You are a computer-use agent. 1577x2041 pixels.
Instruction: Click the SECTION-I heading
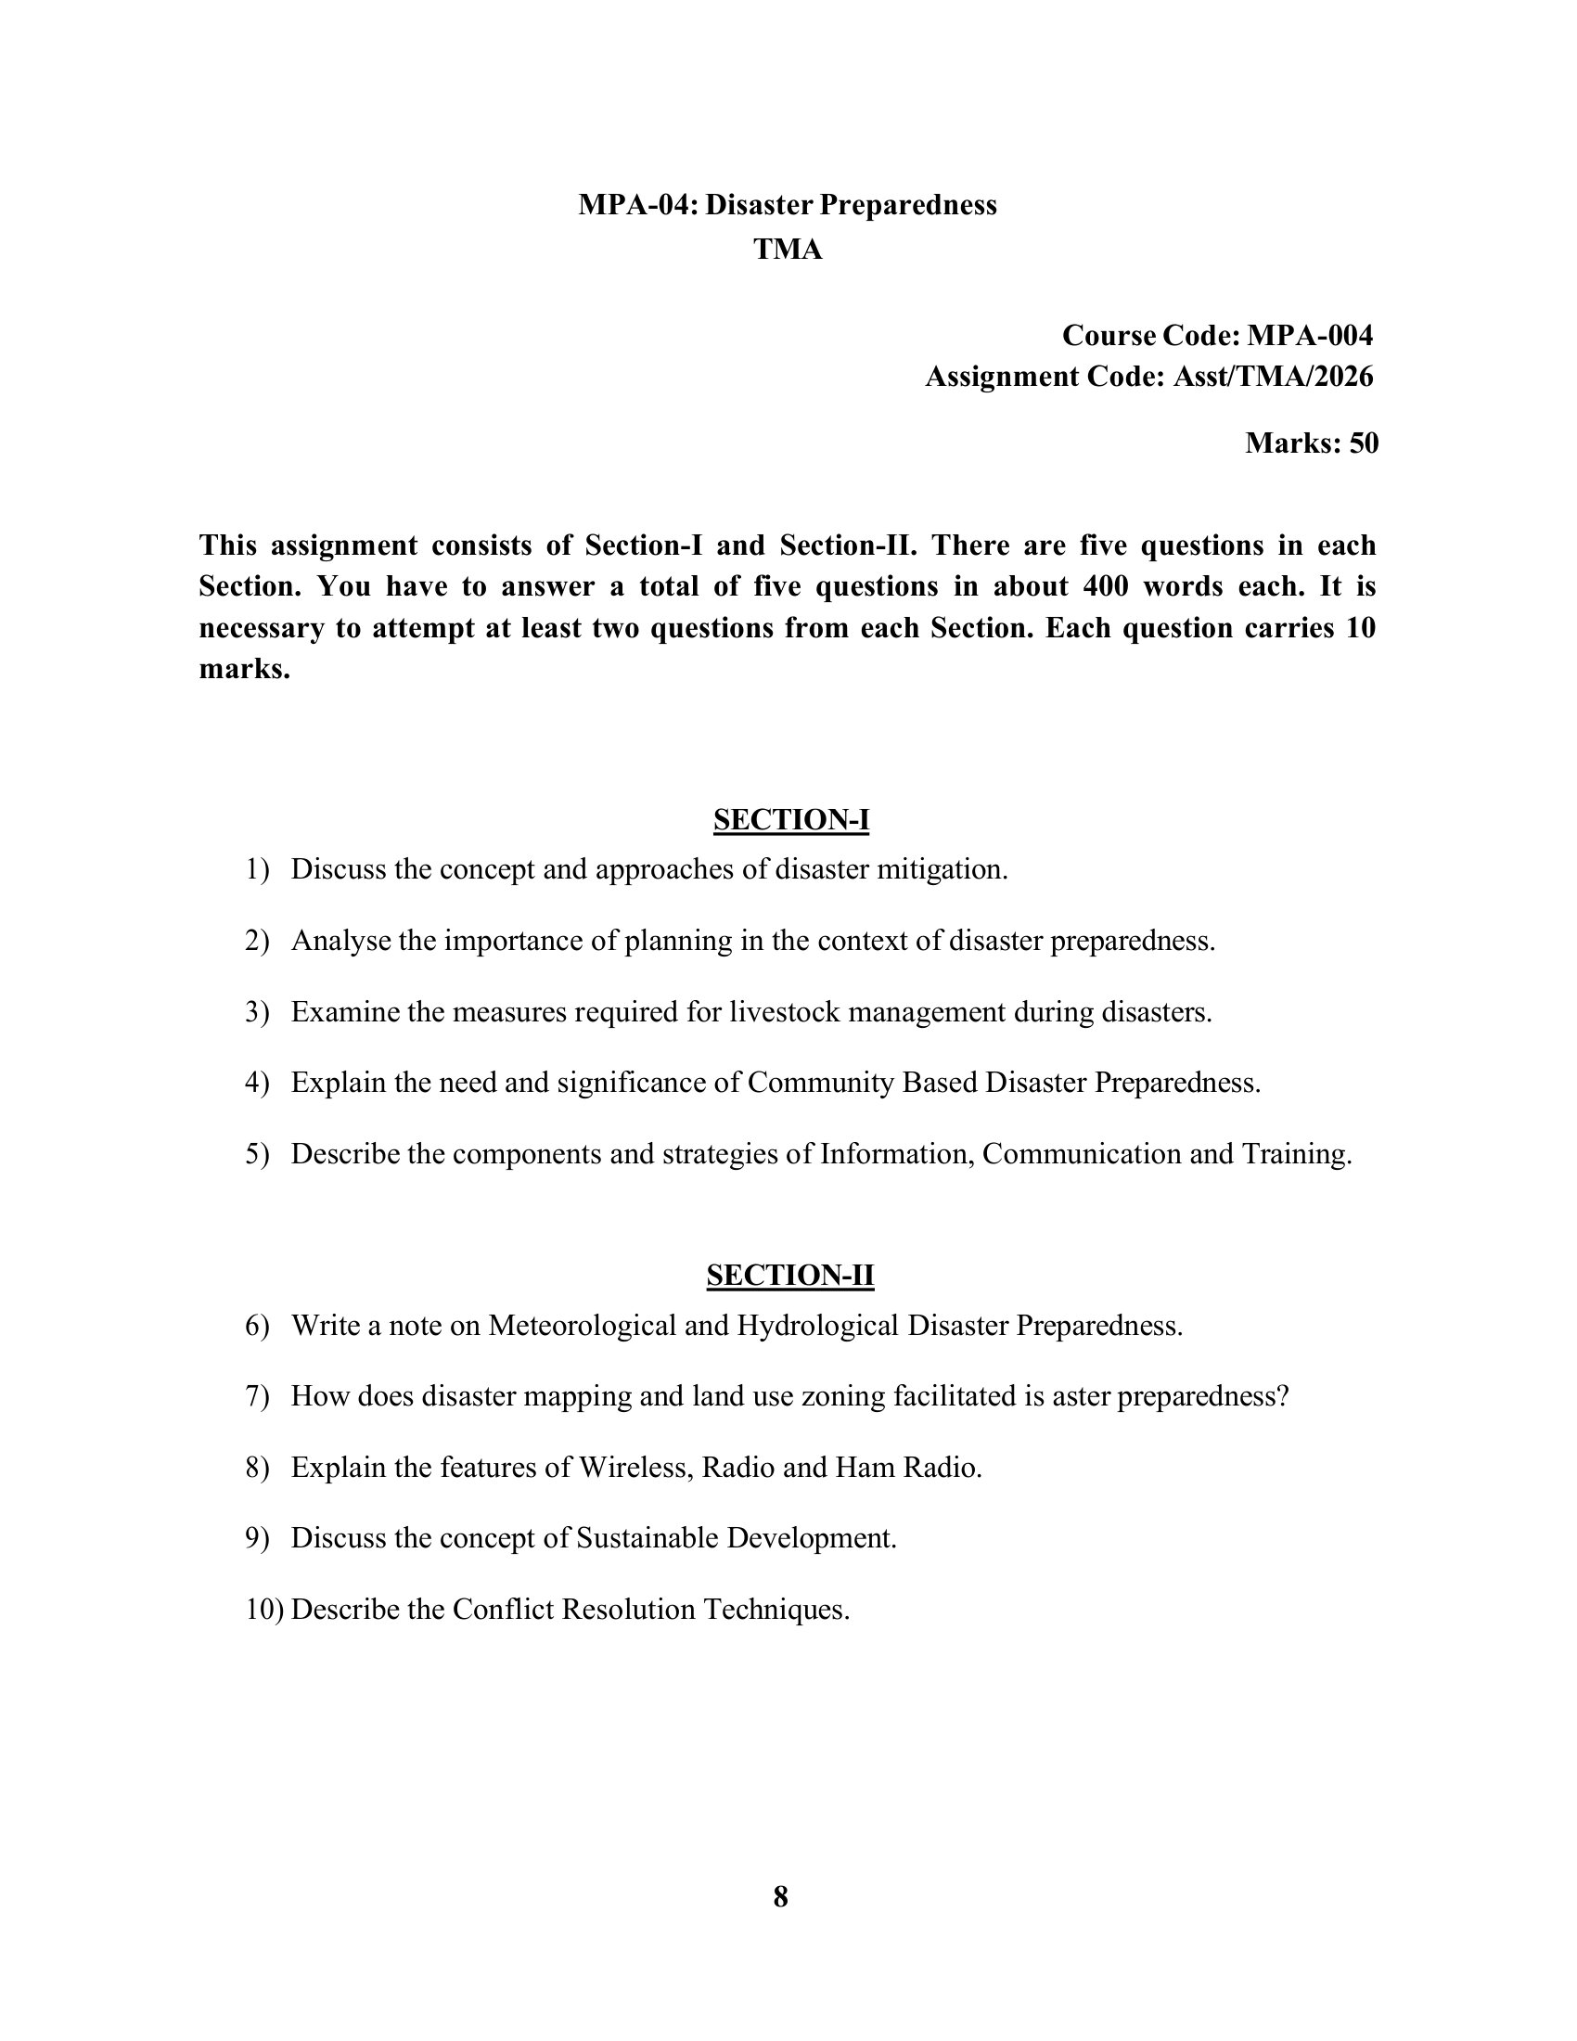[x=790, y=819]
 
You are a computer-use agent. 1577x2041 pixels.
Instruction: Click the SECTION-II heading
[x=789, y=1276]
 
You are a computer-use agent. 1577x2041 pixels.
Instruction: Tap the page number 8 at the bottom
[x=781, y=1896]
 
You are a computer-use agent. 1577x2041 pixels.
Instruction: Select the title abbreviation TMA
[x=788, y=250]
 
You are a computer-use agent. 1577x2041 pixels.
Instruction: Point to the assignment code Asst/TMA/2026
[x=1274, y=377]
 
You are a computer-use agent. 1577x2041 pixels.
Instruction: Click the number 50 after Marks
[x=1364, y=443]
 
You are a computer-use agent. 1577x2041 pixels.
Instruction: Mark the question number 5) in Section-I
[x=257, y=1154]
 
